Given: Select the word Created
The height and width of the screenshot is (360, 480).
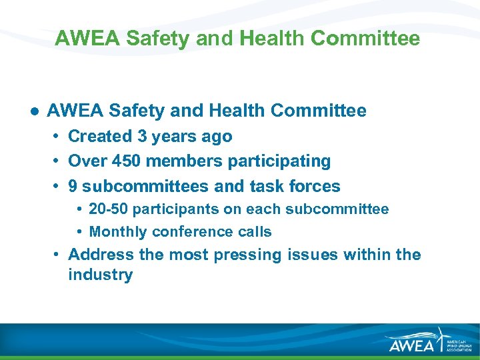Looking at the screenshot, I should [x=100, y=137].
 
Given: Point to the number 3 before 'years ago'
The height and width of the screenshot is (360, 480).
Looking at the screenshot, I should [x=142, y=137].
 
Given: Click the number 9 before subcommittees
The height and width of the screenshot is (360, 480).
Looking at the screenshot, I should [x=73, y=186].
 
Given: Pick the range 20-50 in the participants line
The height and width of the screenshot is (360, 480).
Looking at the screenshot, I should [x=108, y=209].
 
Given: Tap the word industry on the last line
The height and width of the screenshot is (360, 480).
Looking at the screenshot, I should [x=100, y=275].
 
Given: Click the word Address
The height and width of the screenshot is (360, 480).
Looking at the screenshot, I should [x=101, y=255].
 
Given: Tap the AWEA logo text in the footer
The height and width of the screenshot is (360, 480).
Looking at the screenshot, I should [x=411, y=344].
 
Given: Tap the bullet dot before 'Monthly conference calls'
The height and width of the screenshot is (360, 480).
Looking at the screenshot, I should [x=79, y=232].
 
